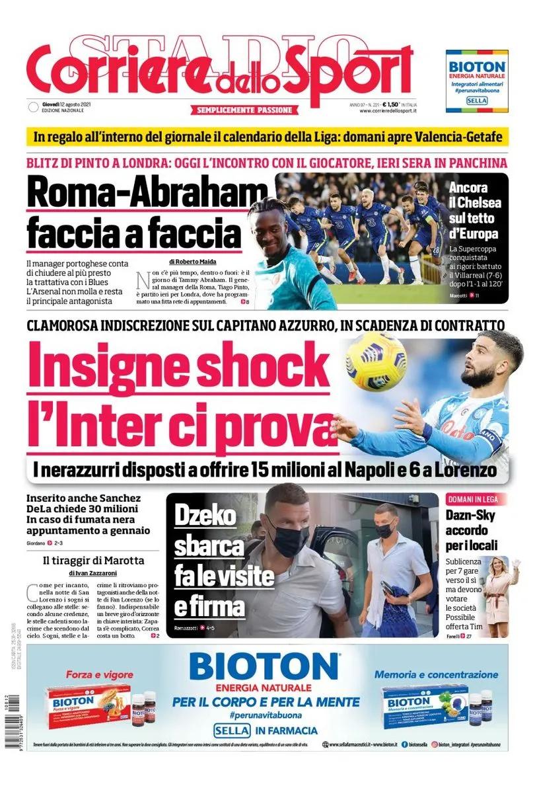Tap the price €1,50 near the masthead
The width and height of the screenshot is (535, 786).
tap(390, 104)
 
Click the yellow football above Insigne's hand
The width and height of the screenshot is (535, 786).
tap(376, 362)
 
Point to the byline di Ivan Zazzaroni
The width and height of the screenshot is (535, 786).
tap(92, 572)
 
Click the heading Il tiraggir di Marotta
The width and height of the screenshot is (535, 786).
tap(93, 561)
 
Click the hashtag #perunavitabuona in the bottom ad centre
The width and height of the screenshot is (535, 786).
tap(266, 715)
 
